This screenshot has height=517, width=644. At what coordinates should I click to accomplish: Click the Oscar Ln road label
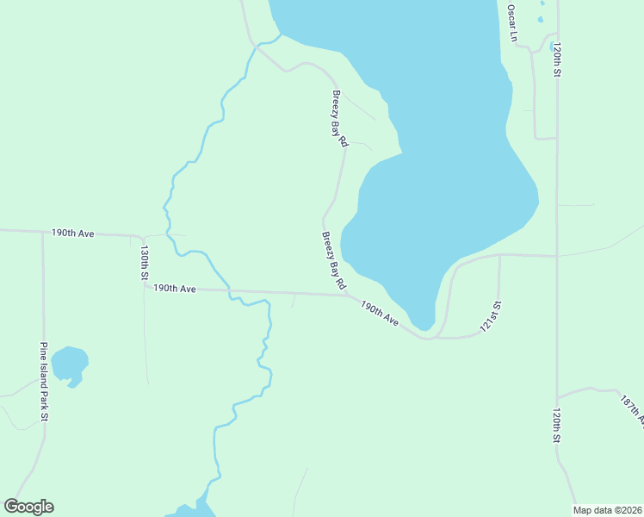coord(511,23)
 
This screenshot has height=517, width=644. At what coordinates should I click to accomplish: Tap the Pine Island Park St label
coord(43,381)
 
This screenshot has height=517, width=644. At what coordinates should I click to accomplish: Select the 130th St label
coord(145,263)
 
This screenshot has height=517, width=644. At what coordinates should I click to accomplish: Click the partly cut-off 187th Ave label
coord(633,410)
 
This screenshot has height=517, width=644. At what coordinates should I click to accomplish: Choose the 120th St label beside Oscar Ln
coord(558,61)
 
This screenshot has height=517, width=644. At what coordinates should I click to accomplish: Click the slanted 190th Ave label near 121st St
coord(380,314)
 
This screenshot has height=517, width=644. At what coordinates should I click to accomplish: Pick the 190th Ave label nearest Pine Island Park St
coord(72,233)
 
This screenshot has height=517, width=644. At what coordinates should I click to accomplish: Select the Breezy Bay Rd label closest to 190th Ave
coord(334,259)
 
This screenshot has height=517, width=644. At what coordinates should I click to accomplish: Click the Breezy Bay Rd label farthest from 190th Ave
coord(339,117)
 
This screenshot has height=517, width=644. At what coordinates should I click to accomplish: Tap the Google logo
coord(28,507)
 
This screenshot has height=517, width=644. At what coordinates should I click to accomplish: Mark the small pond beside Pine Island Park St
coord(69,364)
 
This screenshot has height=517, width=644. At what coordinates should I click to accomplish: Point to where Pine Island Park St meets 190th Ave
coord(42,232)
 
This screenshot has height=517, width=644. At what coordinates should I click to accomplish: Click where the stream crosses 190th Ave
coord(230,292)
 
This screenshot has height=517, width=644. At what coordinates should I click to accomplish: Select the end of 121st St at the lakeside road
coord(499,255)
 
